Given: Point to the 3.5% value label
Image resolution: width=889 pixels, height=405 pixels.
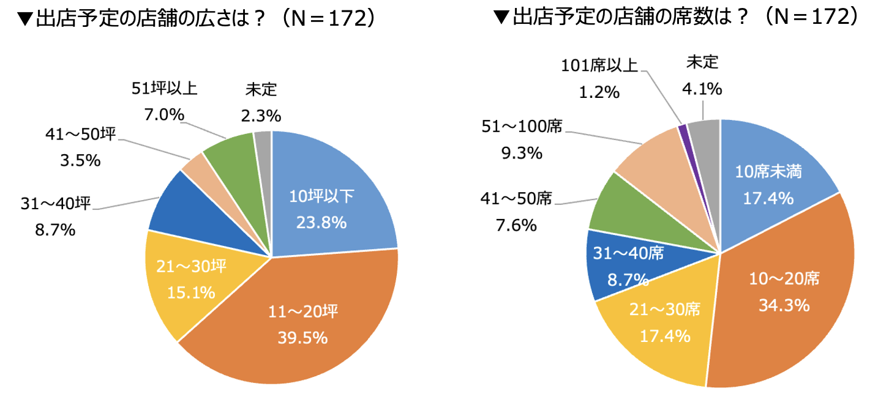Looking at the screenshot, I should point(80,160).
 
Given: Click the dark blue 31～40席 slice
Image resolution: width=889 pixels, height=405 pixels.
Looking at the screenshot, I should point(618,263).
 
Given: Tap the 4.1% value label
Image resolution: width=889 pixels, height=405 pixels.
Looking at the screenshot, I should point(702,89).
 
